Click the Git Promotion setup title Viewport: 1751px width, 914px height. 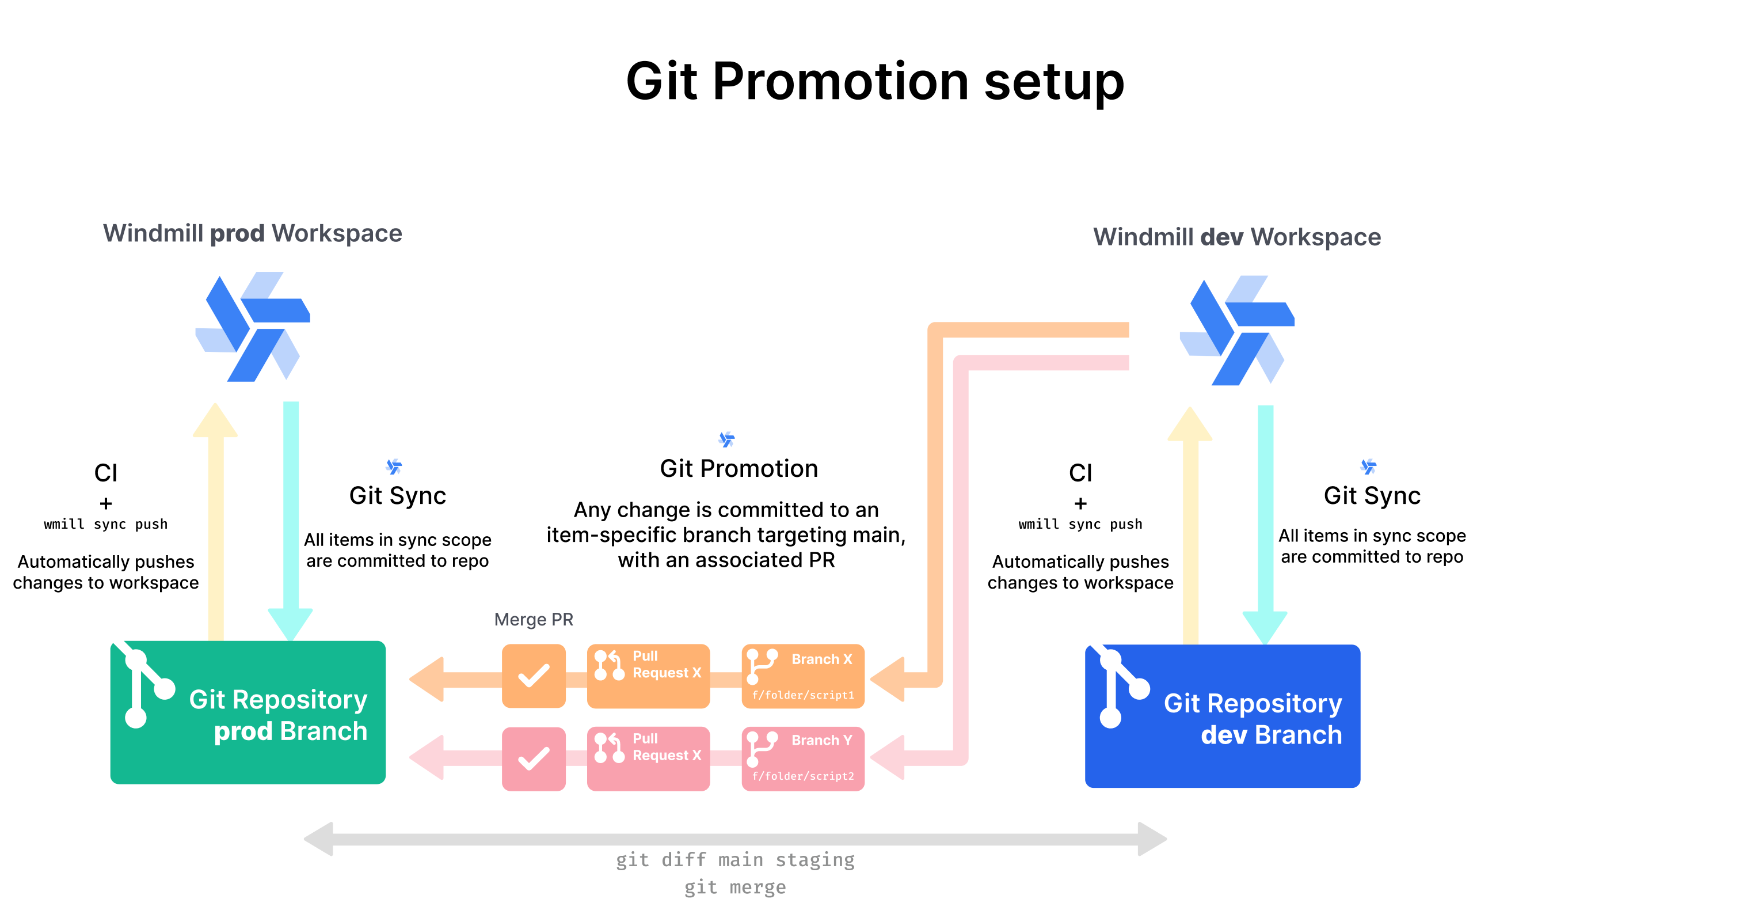(x=875, y=82)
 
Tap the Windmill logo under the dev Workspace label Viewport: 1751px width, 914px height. (x=1237, y=331)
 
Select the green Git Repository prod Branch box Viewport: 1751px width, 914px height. (x=248, y=712)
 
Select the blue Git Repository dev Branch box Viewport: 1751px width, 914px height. (x=1222, y=716)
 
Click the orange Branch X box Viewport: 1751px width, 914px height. (x=803, y=676)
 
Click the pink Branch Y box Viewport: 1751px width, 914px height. (x=803, y=758)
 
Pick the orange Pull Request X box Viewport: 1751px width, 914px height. (x=649, y=676)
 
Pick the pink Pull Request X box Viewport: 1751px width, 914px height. (x=649, y=758)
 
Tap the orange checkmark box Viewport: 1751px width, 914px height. (x=534, y=676)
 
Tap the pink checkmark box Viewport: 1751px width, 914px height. (x=534, y=758)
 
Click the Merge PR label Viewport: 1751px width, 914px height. (x=534, y=620)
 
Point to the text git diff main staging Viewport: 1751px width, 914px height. (x=735, y=860)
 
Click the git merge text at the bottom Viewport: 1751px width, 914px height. (x=735, y=887)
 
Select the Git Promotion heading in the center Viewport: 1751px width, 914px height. (x=739, y=469)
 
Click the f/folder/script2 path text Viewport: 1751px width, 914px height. (x=803, y=776)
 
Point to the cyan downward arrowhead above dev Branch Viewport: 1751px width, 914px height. (x=1265, y=627)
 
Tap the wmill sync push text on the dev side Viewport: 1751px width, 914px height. (x=1080, y=524)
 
